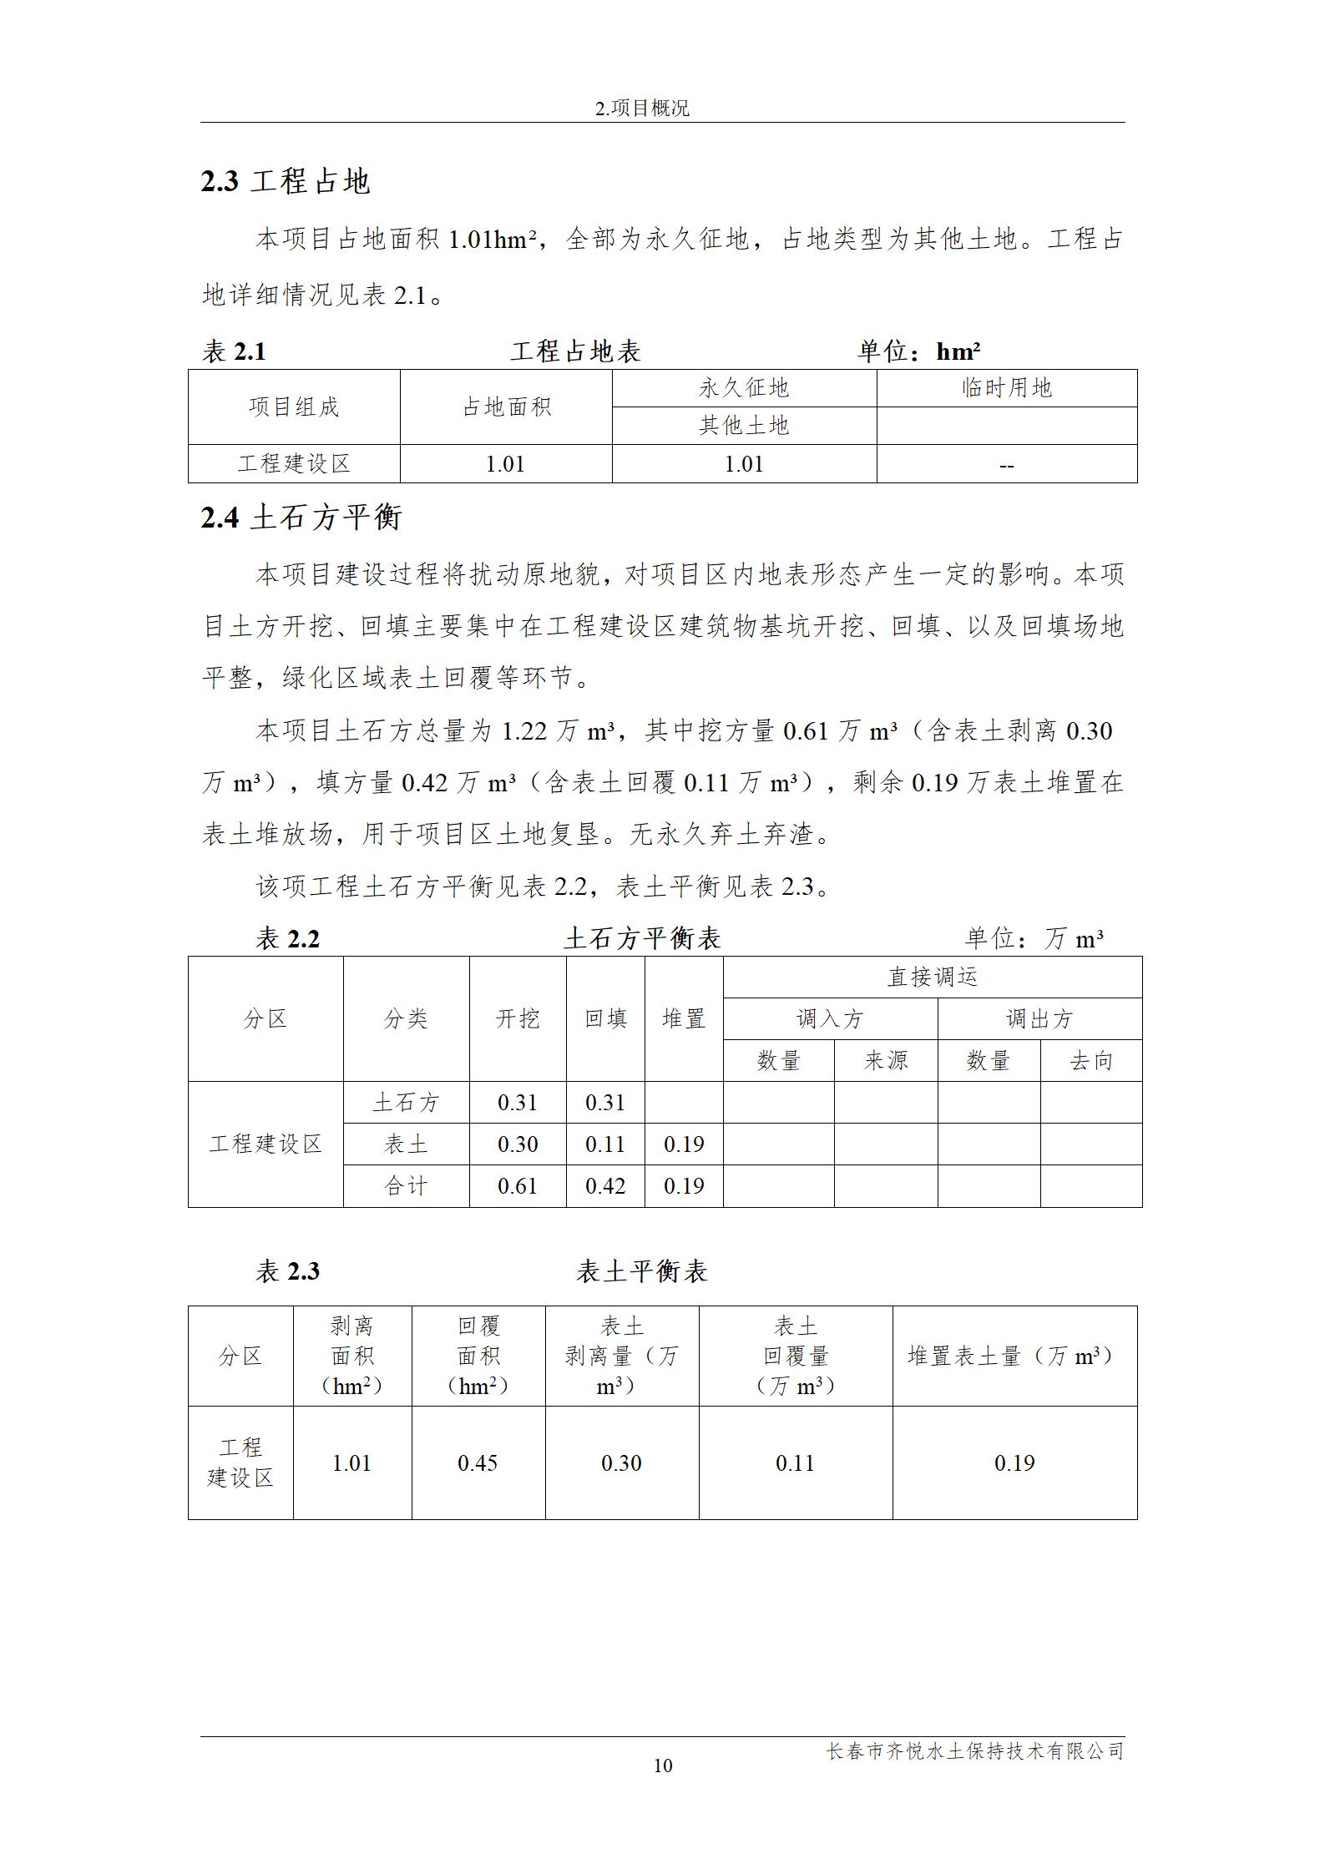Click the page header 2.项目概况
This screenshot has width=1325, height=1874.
coord(642,109)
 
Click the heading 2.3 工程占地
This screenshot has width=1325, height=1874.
coord(285,181)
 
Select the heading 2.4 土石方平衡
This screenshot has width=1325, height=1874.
coord(301,518)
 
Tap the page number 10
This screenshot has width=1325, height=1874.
coord(662,1765)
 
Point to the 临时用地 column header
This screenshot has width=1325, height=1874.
coord(1006,388)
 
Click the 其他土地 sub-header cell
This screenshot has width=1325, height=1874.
coord(743,426)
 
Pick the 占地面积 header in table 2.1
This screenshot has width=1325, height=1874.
coord(506,407)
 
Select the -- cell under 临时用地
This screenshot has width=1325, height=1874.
coord(1006,465)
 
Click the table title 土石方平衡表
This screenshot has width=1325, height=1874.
coord(642,938)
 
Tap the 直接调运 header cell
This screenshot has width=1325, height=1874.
coord(932,977)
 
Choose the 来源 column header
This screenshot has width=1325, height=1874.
coord(885,1061)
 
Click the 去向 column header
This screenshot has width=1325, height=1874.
coord(1090,1061)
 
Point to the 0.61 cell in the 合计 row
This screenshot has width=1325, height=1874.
coord(518,1185)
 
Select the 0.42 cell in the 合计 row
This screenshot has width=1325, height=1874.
coord(605,1185)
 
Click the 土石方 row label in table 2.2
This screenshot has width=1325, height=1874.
coord(406,1103)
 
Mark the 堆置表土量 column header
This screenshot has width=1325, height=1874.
coord(1014,1356)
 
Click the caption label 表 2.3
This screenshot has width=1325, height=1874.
coord(287,1271)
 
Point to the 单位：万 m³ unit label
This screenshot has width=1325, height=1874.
coord(1034,939)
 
